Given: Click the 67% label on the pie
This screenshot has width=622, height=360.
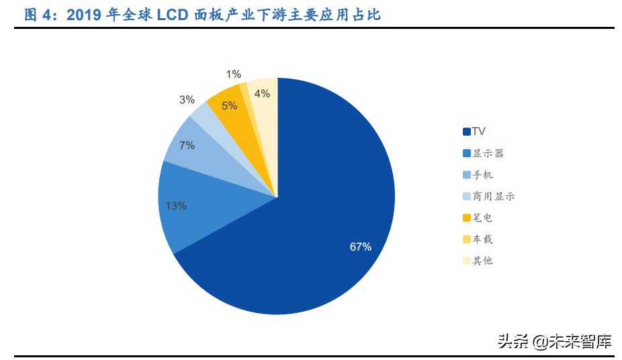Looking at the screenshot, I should [x=361, y=246].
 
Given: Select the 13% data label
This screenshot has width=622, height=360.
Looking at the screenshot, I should [x=176, y=206].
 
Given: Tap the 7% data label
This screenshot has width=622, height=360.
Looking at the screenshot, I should [x=187, y=145].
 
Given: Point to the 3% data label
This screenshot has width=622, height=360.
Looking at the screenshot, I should [x=187, y=100].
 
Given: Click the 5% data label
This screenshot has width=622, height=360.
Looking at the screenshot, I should [x=229, y=105].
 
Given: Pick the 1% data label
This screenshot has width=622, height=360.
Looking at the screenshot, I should [x=234, y=75].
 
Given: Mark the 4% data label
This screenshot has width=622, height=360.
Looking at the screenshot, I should [x=262, y=94].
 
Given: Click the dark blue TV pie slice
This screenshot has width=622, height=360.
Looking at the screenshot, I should [x=322, y=201].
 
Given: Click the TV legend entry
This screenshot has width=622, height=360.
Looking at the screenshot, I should [x=478, y=132].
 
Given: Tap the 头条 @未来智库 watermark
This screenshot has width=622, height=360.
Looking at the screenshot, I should [x=555, y=342].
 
